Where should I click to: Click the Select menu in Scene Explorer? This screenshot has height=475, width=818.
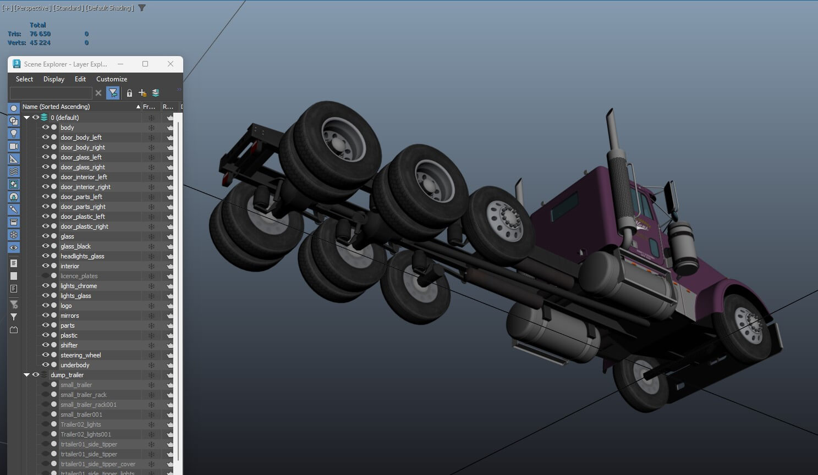24,79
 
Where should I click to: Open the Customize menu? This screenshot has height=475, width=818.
112,79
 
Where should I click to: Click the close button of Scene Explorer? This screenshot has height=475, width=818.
171,64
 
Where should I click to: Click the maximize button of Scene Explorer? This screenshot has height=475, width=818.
145,64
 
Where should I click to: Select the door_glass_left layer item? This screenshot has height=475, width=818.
81,157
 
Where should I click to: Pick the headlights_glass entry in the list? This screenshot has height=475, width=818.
82,256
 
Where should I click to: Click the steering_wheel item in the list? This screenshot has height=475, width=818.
80,355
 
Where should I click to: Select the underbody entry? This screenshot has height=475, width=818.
75,365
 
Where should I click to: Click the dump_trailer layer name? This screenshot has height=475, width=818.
67,375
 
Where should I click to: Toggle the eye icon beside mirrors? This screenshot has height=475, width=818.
46,316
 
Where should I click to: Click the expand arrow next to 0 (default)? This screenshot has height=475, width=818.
26,118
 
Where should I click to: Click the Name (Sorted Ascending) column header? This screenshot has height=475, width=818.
56,107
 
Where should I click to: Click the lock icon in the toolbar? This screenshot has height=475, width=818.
129,93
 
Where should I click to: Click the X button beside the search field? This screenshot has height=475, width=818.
98,93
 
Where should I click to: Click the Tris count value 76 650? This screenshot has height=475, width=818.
40,34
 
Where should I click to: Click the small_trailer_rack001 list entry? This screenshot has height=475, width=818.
88,405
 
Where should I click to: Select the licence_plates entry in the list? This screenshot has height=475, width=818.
79,276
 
